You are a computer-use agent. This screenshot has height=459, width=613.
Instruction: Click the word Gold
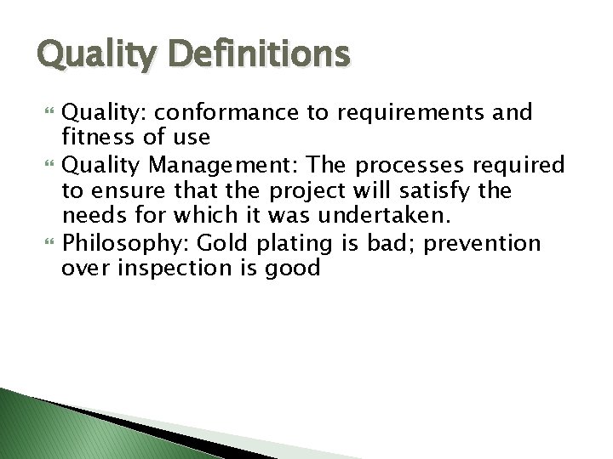click(x=222, y=244)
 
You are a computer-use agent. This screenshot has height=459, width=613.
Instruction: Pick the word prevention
click(x=483, y=244)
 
